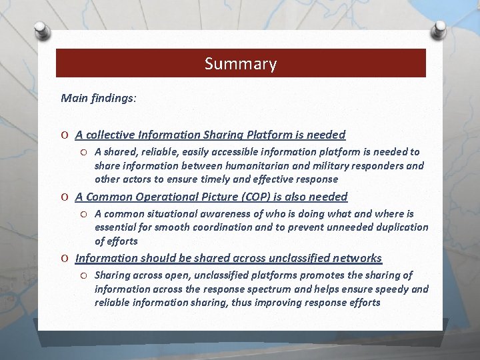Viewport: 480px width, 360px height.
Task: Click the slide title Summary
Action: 240,64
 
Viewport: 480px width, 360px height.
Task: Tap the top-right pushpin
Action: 439,29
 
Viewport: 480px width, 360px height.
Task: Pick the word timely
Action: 225,179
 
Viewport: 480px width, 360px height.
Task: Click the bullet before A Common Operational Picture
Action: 65,197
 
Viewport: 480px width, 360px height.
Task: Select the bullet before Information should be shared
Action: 65,259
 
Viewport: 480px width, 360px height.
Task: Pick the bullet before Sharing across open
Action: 85,275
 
